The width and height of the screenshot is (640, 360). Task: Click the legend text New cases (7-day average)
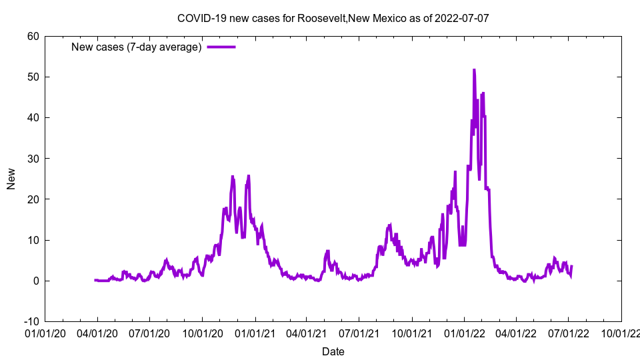coord(136,47)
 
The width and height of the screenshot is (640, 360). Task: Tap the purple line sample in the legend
coord(221,47)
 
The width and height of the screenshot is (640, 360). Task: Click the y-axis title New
coord(11,179)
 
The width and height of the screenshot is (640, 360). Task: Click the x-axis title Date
coord(333,351)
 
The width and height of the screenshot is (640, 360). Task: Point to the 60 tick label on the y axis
coord(33,36)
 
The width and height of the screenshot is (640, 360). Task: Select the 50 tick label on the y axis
coord(33,77)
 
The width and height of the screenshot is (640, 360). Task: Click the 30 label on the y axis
coord(33,159)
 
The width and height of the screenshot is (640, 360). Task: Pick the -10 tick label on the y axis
coord(31,321)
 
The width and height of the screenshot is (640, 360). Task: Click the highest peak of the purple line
coord(474,69)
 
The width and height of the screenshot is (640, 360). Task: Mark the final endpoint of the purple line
coord(571,266)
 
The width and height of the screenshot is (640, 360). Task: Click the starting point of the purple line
coord(95,280)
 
